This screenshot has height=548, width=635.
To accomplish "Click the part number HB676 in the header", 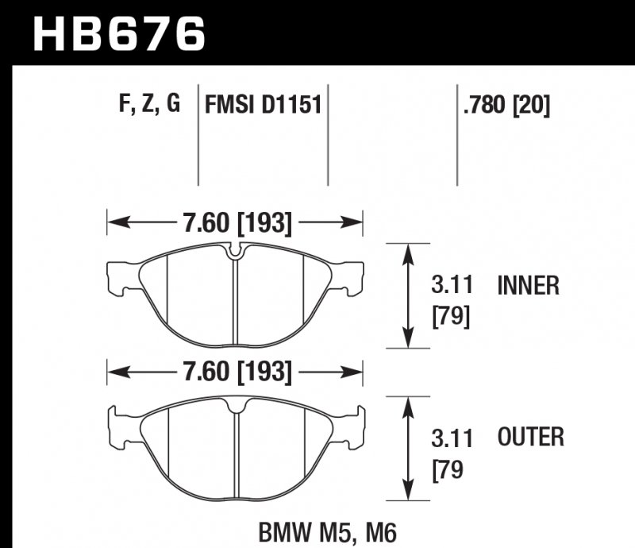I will [118, 33].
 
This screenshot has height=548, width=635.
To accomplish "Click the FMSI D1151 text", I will [263, 105].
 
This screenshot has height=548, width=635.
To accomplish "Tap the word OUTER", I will [531, 438].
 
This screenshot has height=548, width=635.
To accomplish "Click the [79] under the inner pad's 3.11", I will [451, 317].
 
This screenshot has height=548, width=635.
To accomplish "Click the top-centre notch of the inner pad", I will [235, 253].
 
